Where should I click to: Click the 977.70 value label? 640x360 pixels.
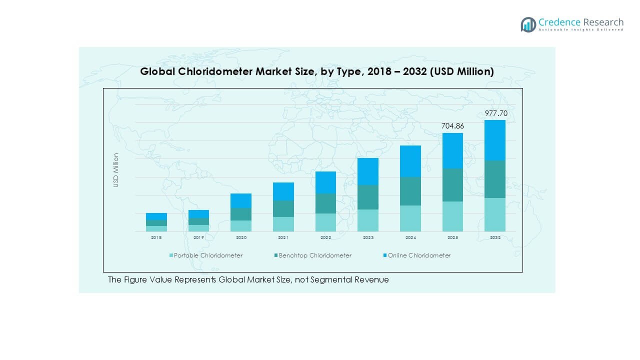(x=496, y=113)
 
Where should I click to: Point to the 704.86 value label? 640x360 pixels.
(x=452, y=126)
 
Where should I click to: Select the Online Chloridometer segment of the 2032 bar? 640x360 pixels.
(x=495, y=140)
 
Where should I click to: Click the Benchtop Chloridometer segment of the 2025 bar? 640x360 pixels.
(x=452, y=185)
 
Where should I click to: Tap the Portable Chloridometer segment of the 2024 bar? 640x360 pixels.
(x=410, y=218)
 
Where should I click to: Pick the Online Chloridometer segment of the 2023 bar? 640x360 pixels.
(x=368, y=171)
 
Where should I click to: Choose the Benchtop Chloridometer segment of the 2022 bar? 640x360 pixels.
(x=325, y=203)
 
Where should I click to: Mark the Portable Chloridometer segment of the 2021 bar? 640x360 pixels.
(x=283, y=224)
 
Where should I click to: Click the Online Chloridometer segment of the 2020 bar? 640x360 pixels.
(x=241, y=200)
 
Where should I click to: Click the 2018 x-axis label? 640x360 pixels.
(x=156, y=238)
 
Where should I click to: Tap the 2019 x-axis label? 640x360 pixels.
(x=199, y=238)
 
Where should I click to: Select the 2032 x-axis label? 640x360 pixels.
(x=495, y=238)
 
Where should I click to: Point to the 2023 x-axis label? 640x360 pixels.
(x=368, y=238)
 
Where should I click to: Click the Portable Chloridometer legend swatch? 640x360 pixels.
(x=171, y=255)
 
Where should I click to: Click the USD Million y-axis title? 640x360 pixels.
(x=116, y=170)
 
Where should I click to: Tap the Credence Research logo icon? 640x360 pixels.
(x=528, y=24)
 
